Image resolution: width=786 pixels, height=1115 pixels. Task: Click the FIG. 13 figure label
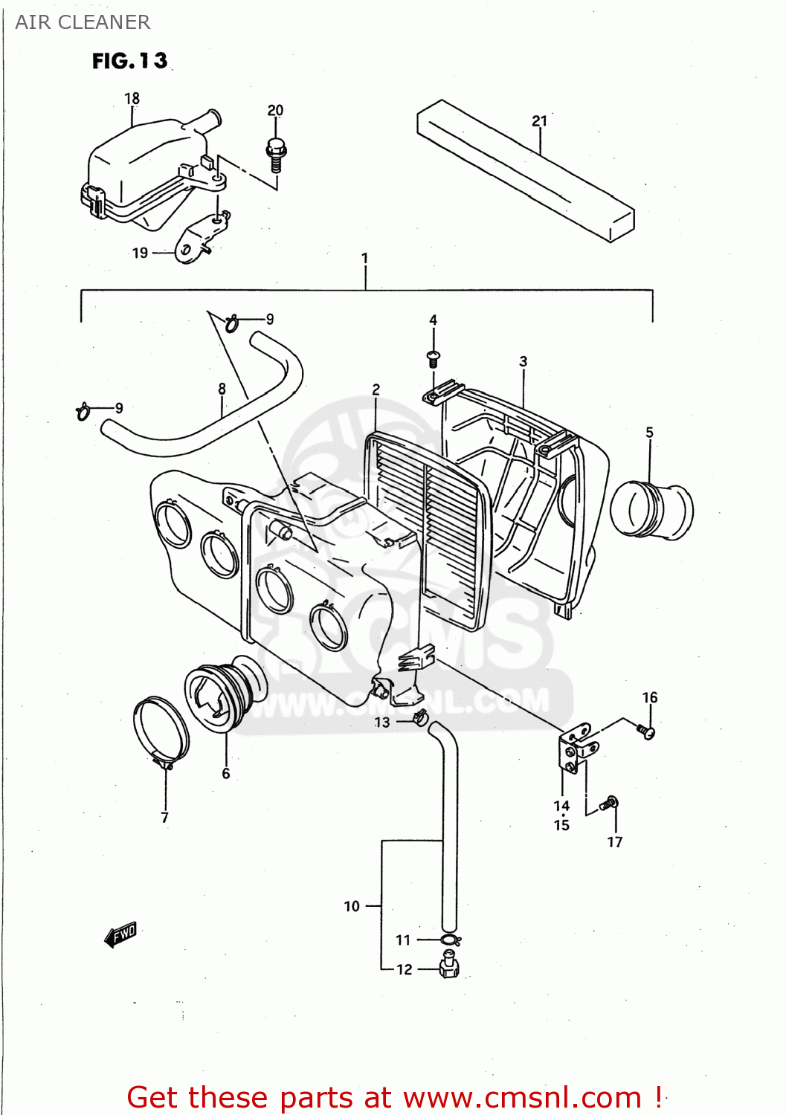pyautogui.click(x=129, y=61)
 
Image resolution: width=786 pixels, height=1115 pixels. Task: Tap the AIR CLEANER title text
pyautogui.click(x=83, y=22)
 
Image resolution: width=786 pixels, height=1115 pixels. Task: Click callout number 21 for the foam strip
pyautogui.click(x=539, y=120)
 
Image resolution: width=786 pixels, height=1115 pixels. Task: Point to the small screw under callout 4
pyautogui.click(x=434, y=358)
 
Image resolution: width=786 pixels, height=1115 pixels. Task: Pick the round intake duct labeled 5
pyautogui.click(x=651, y=511)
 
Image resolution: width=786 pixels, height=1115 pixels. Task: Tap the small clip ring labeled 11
pyautogui.click(x=449, y=940)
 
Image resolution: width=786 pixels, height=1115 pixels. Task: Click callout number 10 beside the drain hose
pyautogui.click(x=352, y=906)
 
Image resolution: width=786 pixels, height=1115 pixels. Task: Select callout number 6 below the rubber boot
pyautogui.click(x=226, y=774)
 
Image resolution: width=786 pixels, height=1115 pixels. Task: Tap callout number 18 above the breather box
pyautogui.click(x=132, y=98)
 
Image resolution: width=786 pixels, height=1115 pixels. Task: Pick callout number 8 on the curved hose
pyautogui.click(x=222, y=389)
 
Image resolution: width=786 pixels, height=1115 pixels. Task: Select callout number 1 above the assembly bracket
pyautogui.click(x=364, y=258)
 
